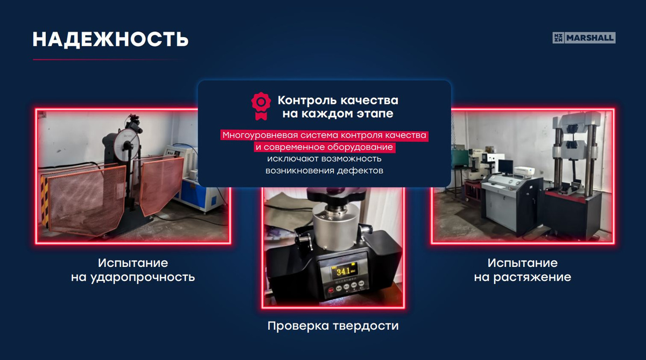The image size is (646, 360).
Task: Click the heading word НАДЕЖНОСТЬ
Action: click(x=110, y=39)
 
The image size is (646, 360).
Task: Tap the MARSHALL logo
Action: click(x=584, y=38)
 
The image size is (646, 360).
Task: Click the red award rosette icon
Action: click(x=261, y=106)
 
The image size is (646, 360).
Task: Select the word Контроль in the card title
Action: click(x=307, y=100)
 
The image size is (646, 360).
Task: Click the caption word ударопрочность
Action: click(x=143, y=277)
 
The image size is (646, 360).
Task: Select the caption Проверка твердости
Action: click(x=333, y=326)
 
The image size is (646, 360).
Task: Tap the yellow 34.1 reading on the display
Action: click(x=343, y=271)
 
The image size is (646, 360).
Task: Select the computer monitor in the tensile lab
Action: click(x=505, y=167)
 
